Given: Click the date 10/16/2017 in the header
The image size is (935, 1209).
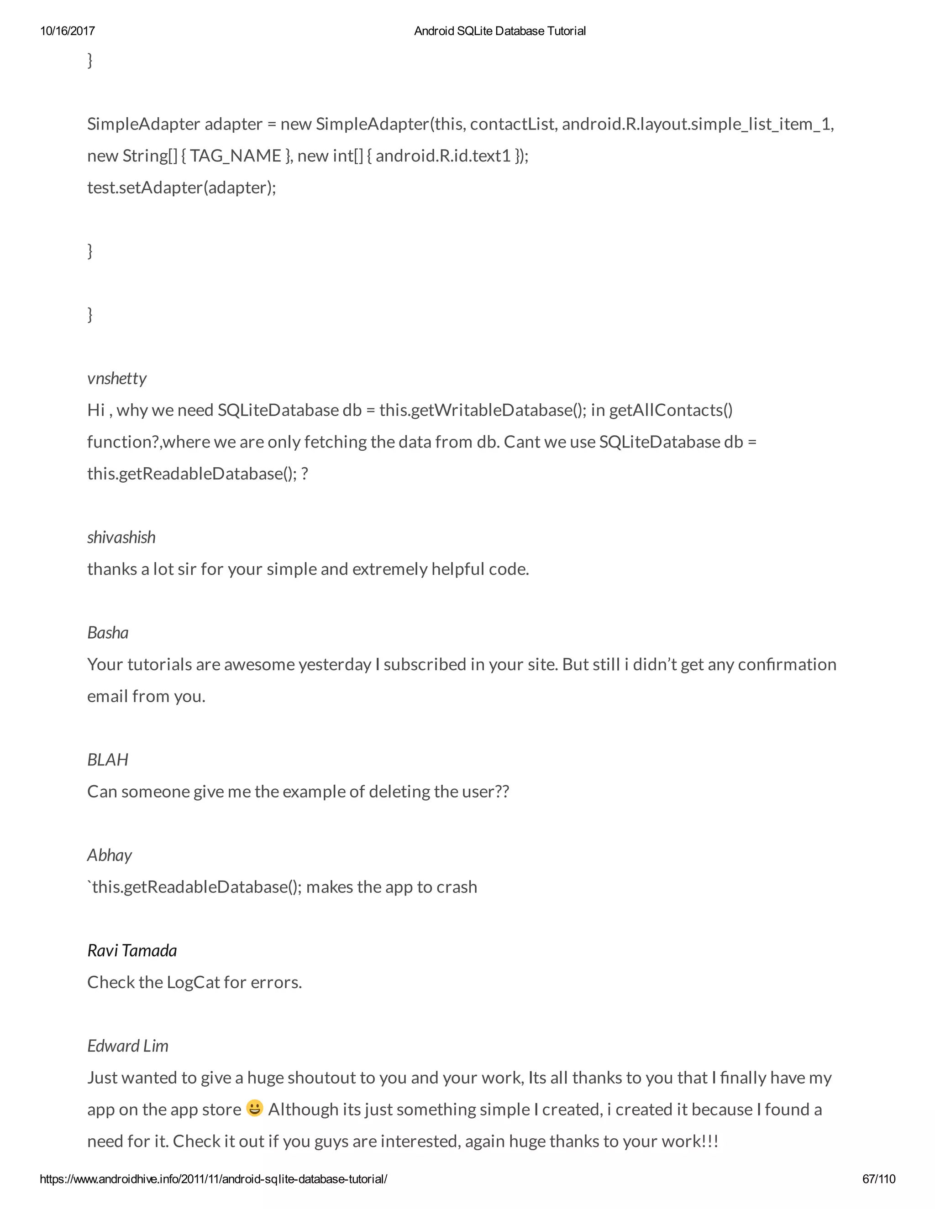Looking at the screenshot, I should pos(68,31).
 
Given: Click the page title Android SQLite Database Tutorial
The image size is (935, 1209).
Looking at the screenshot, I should pos(499,31).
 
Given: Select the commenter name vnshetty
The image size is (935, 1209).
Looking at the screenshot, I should pos(117,378).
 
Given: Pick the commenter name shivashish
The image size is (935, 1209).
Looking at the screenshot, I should pos(121,537).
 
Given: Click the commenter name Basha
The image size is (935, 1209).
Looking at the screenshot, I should pos(108,632).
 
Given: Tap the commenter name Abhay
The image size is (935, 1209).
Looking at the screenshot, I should pos(110,855).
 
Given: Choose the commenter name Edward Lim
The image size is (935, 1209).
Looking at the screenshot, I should pos(128,1046).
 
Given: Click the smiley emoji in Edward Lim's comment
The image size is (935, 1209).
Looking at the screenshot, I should pos(254,1108).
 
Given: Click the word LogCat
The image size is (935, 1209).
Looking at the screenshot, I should pos(193,982).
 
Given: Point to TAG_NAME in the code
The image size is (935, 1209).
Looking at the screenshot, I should pos(236,156).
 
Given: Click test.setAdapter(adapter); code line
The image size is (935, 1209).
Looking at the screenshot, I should pos(182,188).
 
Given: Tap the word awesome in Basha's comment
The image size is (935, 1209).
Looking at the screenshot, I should pos(259,664).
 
